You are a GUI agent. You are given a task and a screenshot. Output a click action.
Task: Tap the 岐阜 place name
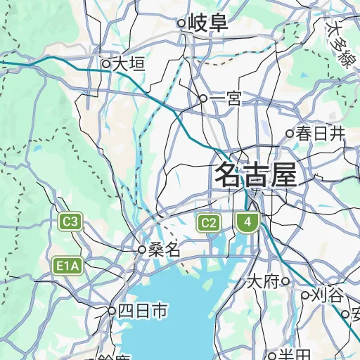(x=208, y=23)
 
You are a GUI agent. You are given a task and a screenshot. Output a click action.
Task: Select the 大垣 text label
(x=129, y=64)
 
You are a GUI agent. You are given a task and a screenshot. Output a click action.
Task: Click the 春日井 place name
(x=321, y=133)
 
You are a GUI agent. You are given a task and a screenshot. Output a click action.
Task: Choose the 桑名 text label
(x=165, y=250)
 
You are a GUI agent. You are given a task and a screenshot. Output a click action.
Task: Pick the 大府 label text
(x=263, y=281)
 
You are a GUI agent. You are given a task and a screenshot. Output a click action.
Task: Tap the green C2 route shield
(x=208, y=224)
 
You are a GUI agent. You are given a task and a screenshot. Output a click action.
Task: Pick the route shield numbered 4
(x=246, y=224)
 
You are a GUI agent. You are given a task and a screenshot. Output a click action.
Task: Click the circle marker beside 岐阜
(x=181, y=23)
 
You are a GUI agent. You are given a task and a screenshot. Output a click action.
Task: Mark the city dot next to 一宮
(x=203, y=99)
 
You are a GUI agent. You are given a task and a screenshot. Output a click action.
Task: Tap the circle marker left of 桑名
(x=141, y=250)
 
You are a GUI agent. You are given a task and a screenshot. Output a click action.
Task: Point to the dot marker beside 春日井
(x=289, y=133)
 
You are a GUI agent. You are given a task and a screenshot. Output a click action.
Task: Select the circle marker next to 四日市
(x=111, y=310)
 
